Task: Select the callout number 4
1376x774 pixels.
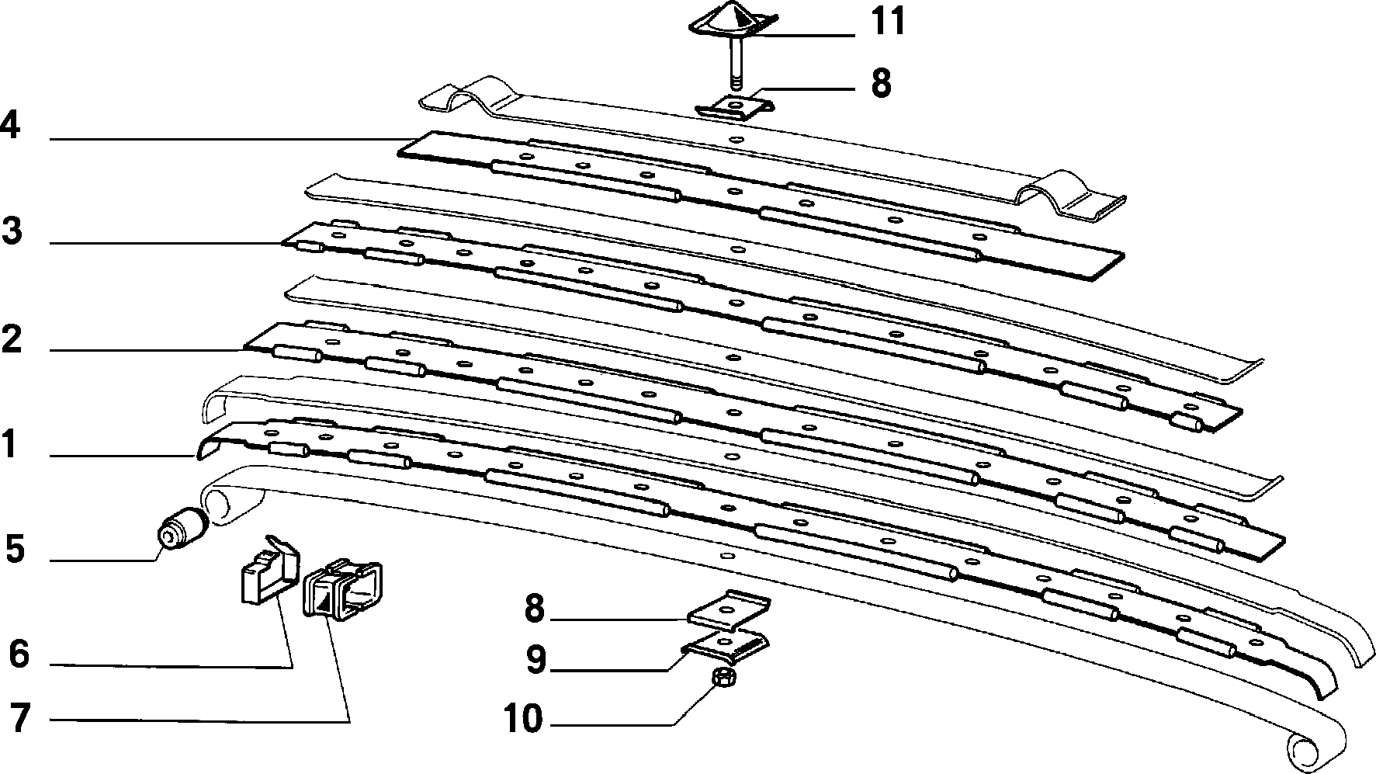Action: tap(10, 125)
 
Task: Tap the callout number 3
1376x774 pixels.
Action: tap(12, 231)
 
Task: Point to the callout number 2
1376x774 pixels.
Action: tap(12, 340)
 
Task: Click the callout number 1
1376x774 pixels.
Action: tap(9, 446)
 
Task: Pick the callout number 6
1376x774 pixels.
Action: tap(19, 654)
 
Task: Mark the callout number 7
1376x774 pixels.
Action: tap(19, 719)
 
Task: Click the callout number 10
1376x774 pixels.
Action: tap(523, 719)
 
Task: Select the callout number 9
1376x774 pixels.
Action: tap(536, 660)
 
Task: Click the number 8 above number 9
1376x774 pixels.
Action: tap(535, 609)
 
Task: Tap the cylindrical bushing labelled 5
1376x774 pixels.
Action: tap(182, 529)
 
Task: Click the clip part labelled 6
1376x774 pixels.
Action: tap(267, 568)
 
